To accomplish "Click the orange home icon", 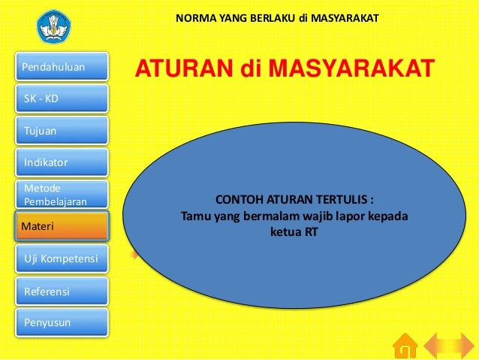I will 405,346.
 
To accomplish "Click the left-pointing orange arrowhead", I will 437,346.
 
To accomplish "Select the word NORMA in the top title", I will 194,17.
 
